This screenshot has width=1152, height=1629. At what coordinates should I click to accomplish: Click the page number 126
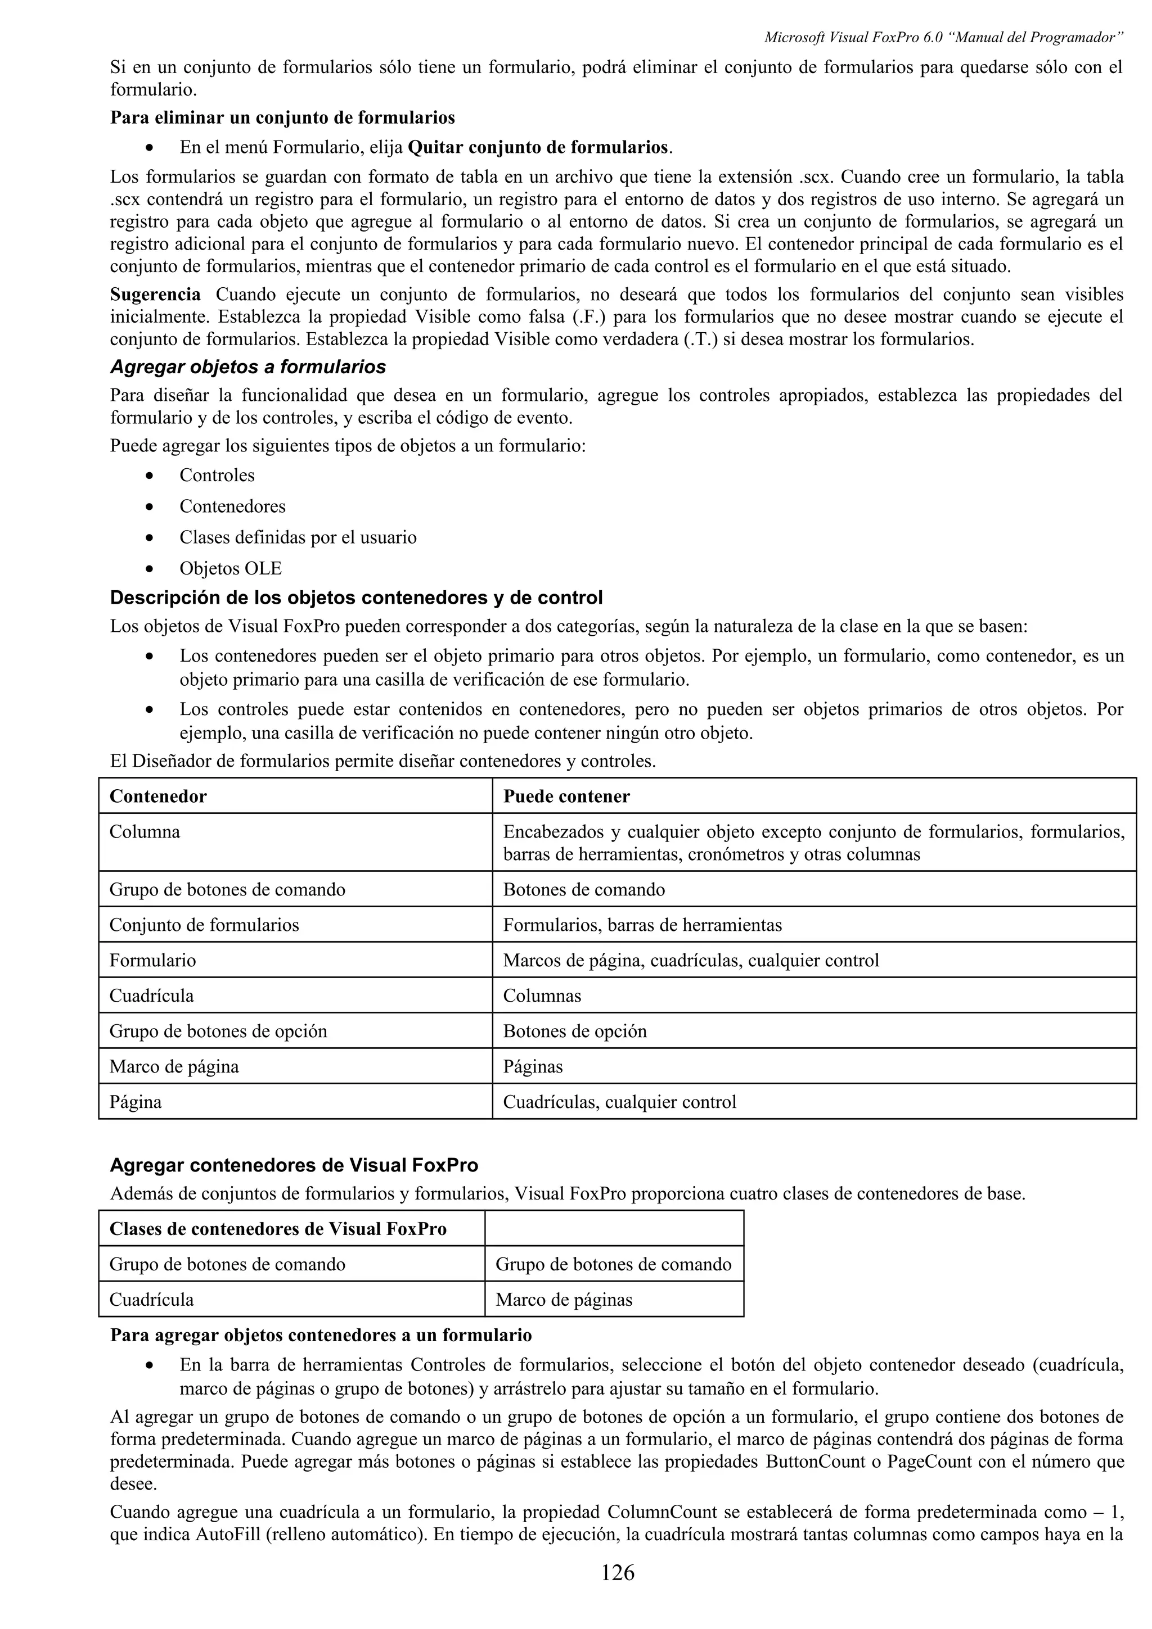pos(617,1573)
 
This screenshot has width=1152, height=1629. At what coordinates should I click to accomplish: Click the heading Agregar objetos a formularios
pos(247,367)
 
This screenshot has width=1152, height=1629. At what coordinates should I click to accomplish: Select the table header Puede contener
pos(566,796)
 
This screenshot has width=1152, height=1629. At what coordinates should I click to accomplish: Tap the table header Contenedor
pos(157,796)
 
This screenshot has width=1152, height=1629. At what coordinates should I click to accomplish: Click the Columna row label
pos(145,831)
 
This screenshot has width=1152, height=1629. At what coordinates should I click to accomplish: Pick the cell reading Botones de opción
pos(574,1031)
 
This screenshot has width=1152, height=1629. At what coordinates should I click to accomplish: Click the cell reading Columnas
pos(542,995)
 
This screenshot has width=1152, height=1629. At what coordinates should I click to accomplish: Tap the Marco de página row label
pos(174,1066)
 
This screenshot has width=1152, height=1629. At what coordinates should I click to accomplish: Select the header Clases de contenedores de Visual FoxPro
pos(277,1229)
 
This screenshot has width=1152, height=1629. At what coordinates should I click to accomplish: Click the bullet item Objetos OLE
pos(230,568)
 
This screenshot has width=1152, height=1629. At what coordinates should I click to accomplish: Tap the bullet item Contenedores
pos(232,506)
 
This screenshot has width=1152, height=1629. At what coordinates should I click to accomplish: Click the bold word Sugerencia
pos(155,294)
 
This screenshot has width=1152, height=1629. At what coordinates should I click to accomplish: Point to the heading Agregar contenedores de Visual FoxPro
pos(294,1165)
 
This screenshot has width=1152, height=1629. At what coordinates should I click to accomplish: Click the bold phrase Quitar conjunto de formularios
pos(538,148)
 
